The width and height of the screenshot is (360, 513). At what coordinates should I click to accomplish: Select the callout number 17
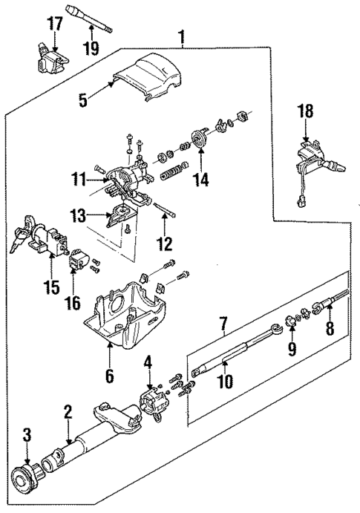pyautogui.click(x=55, y=23)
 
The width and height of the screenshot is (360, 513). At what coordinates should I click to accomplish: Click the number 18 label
pyautogui.click(x=306, y=112)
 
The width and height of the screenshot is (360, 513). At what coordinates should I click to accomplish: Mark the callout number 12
pyautogui.click(x=165, y=242)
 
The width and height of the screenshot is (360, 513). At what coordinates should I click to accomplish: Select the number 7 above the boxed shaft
pyautogui.click(x=222, y=324)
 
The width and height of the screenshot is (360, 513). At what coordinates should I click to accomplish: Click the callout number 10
pyautogui.click(x=224, y=382)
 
